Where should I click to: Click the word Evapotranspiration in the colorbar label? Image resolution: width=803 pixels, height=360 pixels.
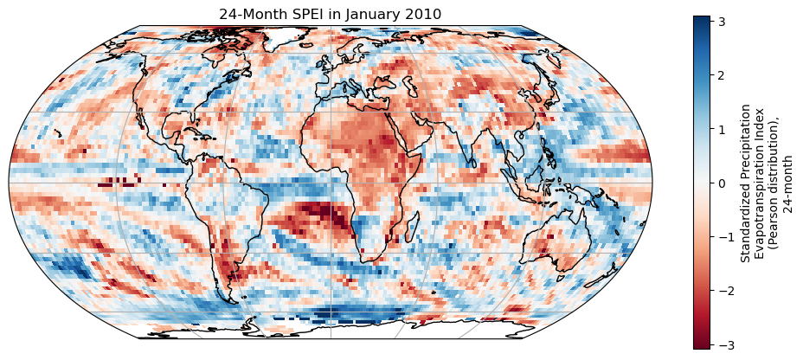(761, 183)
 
